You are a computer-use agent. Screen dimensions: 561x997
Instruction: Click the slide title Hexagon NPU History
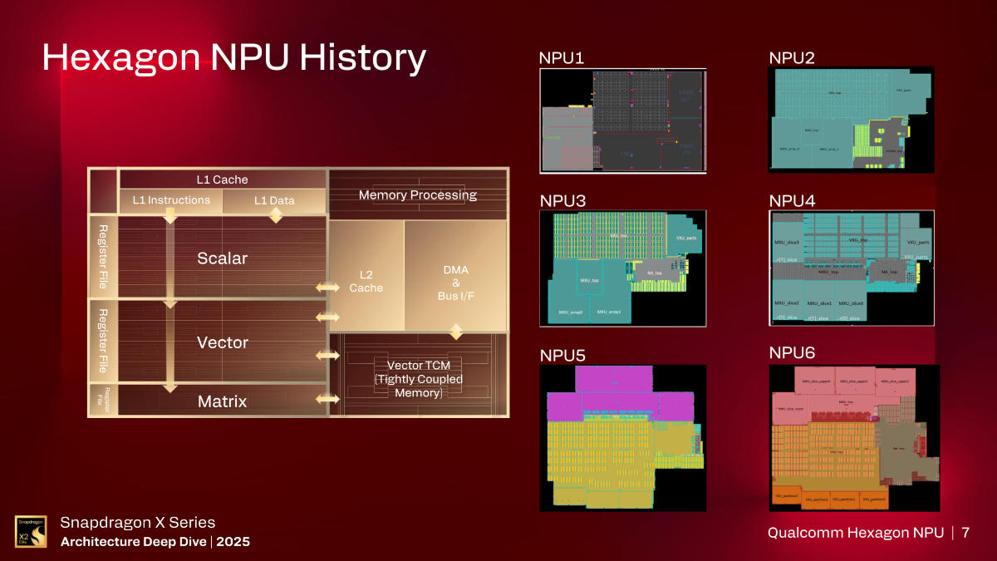(233, 58)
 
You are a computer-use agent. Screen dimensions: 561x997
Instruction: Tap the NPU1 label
(562, 58)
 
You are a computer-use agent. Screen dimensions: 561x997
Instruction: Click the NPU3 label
(562, 201)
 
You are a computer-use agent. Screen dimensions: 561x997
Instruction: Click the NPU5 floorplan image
(623, 438)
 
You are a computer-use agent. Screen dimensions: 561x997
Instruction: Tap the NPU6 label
(792, 354)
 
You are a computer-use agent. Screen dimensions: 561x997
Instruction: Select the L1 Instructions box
(171, 200)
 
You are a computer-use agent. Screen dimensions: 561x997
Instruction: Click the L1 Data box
(274, 200)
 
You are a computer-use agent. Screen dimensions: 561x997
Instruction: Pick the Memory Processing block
(417, 195)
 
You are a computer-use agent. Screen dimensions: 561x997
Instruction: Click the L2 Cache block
(366, 281)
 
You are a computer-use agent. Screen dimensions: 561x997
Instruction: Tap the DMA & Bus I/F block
(455, 283)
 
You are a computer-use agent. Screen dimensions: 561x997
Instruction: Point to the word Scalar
(222, 258)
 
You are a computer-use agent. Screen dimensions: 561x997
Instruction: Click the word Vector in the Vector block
(222, 342)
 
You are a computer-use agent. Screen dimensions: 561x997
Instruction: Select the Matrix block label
(222, 401)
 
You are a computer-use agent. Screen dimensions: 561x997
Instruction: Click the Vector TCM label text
(418, 378)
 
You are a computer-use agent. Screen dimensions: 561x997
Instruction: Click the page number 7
(965, 532)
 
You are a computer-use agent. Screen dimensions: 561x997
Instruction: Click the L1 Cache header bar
(222, 180)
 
